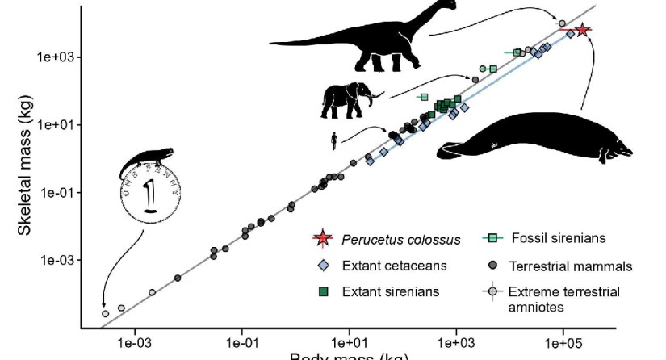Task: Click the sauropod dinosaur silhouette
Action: coord(355,40)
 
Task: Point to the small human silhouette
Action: coord(333,141)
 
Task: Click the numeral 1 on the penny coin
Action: coord(150,196)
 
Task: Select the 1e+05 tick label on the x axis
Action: coord(563,343)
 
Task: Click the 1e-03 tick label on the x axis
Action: coord(135,343)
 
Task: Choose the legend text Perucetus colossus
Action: coord(400,239)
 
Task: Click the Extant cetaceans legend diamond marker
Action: coord(323,265)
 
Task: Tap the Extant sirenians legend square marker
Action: coord(323,291)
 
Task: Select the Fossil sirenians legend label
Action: coord(557,238)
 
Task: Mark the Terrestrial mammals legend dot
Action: coord(492,265)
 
